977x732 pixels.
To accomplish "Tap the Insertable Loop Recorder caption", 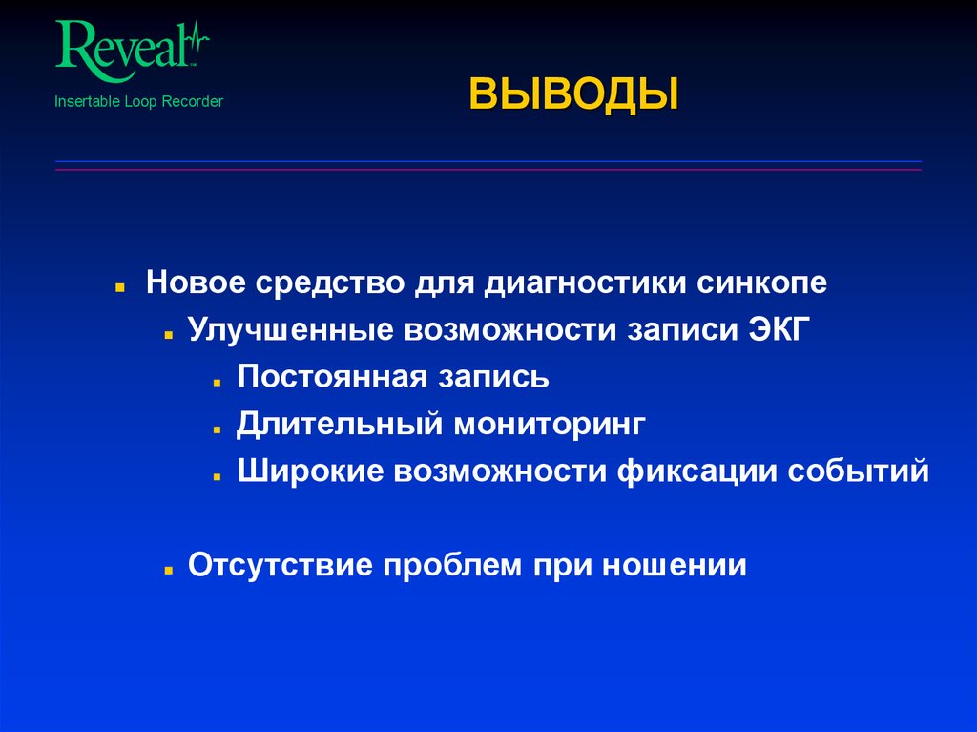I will pos(138,101).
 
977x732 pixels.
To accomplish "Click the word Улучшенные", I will pos(290,329).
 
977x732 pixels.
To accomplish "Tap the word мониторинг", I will pos(550,423).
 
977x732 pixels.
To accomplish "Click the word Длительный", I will pos(341,423).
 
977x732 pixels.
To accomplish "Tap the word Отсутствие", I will pos(281,564).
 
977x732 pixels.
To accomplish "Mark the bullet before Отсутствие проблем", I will pos(167,567).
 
